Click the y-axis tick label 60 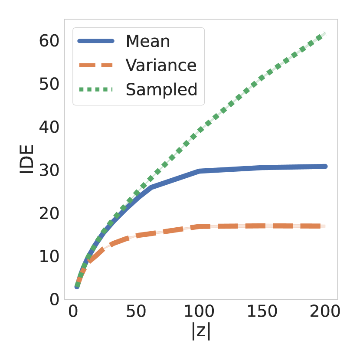click(49, 41)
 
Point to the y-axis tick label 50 click(49, 84)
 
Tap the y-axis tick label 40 click(49, 128)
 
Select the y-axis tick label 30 click(49, 170)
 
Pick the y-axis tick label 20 click(49, 213)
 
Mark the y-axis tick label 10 click(49, 256)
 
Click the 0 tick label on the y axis click(55, 299)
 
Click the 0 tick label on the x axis click(73, 311)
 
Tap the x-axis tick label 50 click(136, 311)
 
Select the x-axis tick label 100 click(200, 311)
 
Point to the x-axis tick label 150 click(262, 311)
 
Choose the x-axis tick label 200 click(325, 311)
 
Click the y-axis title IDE click(27, 160)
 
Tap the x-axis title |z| click(201, 331)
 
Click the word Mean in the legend click(147, 41)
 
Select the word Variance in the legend click(161, 65)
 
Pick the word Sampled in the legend click(161, 89)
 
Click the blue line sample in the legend click(96, 41)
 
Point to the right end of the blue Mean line click(325, 166)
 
